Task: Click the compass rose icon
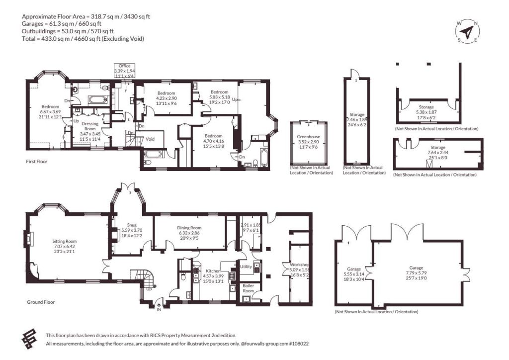click(x=467, y=31)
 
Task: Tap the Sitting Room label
click(x=64, y=241)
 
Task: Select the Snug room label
click(x=131, y=225)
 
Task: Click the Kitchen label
click(x=213, y=271)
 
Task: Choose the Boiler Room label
click(x=249, y=288)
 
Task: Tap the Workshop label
click(x=299, y=265)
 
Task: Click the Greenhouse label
click(x=308, y=137)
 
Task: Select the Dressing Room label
click(x=90, y=126)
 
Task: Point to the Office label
click(x=124, y=66)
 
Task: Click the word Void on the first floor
click(x=150, y=139)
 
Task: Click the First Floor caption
click(x=37, y=161)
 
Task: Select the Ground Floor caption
click(x=41, y=302)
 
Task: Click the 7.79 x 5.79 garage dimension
click(x=416, y=273)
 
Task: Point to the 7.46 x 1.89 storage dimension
click(x=357, y=119)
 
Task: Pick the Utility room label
click(x=246, y=267)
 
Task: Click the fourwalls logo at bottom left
click(x=29, y=339)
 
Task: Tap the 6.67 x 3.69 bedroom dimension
click(x=50, y=112)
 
